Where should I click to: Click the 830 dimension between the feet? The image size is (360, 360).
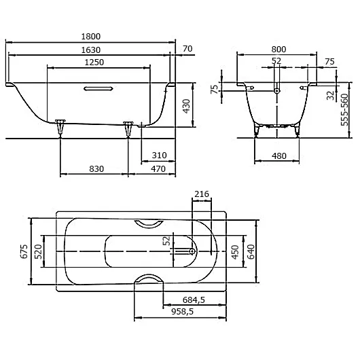[x=94, y=168]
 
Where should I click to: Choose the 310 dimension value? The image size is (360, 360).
[x=158, y=156]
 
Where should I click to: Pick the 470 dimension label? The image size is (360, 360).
[x=158, y=168]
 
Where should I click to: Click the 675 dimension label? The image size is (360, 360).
[x=23, y=253]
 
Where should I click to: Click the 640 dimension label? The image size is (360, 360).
[x=251, y=253]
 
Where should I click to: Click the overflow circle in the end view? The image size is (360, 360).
[x=276, y=89]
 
